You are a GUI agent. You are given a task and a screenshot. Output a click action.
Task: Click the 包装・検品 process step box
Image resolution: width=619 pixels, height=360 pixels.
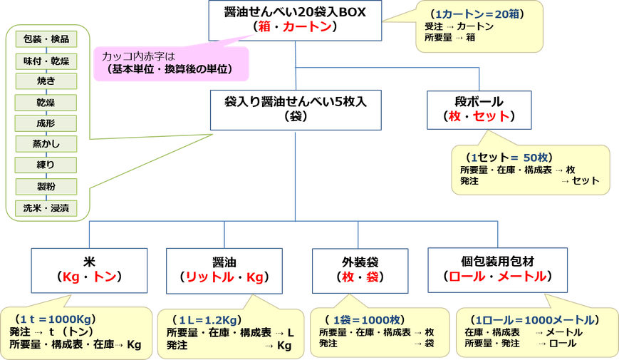46,39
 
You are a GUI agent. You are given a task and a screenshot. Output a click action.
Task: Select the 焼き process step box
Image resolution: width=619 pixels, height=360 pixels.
46,81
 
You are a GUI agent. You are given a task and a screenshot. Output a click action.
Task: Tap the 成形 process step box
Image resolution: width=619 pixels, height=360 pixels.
46,123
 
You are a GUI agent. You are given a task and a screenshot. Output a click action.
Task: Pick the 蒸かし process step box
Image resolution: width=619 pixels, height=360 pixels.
46,144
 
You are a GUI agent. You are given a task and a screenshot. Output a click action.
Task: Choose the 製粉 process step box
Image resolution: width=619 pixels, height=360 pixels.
46,187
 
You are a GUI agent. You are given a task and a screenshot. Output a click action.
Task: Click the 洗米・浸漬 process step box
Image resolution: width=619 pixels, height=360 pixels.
46,208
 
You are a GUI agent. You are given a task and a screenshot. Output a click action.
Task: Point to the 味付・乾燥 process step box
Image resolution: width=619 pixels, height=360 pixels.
46,61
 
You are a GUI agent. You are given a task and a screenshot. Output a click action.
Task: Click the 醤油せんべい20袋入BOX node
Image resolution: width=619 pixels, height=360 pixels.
295,21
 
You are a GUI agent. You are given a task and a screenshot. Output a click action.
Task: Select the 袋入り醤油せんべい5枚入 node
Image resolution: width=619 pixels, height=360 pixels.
296,110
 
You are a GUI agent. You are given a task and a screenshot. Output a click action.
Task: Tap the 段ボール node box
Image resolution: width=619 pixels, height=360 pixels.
479,110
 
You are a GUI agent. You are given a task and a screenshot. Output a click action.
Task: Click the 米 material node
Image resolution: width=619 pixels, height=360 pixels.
89,271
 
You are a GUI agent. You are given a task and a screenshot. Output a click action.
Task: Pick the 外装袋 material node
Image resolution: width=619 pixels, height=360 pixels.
360,271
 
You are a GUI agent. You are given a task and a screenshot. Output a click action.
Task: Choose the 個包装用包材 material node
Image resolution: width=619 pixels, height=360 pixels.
497,270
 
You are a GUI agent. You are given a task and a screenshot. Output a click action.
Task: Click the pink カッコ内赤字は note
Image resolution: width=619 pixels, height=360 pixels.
172,63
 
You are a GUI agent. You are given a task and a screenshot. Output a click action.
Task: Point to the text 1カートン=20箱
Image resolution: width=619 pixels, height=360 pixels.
477,14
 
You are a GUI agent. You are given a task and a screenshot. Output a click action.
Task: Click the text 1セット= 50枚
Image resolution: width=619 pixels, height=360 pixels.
509,158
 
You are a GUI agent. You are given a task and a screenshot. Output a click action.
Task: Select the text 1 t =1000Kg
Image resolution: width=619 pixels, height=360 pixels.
56,319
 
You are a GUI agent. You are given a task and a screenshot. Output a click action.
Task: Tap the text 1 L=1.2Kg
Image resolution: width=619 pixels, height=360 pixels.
208,319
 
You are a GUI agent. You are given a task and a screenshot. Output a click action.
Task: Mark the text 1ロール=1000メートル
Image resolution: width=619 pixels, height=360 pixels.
535,319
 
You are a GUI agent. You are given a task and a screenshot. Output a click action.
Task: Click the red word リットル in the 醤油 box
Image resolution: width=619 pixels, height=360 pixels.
209,277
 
